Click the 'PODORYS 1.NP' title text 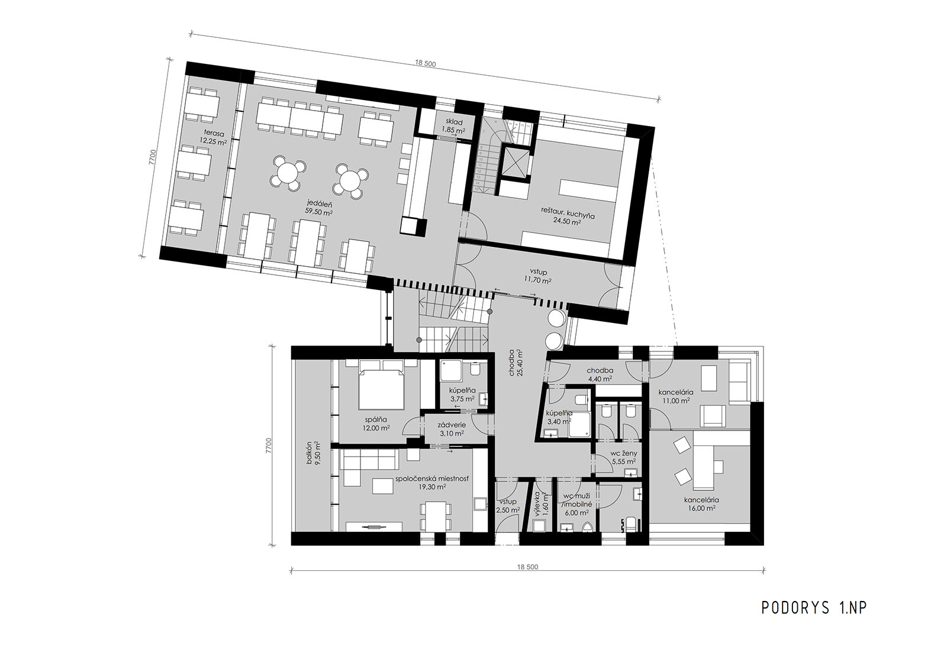click(814, 607)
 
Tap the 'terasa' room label click(211, 132)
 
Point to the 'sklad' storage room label click(454, 122)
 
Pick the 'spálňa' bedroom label click(375, 419)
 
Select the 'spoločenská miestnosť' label click(431, 479)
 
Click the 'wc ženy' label click(624, 454)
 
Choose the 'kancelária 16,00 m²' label click(701, 500)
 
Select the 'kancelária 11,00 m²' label click(676, 392)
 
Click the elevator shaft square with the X click(514, 163)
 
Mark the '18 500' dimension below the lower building click(527, 567)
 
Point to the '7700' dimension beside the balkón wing click(269, 446)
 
